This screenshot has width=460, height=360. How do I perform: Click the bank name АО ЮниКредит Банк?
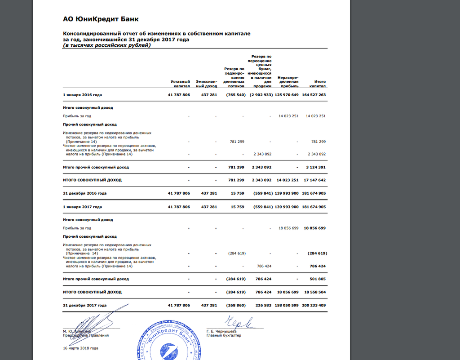tap(101, 19)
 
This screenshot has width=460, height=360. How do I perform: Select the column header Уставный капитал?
tap(180, 84)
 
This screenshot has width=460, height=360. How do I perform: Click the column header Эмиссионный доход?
tap(207, 84)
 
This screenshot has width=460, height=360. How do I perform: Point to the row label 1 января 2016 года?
tap(82, 95)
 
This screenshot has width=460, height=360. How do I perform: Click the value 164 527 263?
tap(314, 95)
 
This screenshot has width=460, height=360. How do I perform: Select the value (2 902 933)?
tap(261, 95)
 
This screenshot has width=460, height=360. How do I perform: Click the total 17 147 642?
tap(314, 180)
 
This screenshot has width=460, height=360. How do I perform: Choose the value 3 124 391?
tap(316, 167)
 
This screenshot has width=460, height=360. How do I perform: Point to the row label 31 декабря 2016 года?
tap(84, 193)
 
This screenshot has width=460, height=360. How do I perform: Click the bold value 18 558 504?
tap(314, 292)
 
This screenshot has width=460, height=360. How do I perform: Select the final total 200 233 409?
tap(314, 305)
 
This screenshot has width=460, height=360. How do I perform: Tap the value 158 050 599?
tap(286, 305)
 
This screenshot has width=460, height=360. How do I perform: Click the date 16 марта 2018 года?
tap(80, 348)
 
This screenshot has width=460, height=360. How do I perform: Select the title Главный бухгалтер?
tap(224, 336)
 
